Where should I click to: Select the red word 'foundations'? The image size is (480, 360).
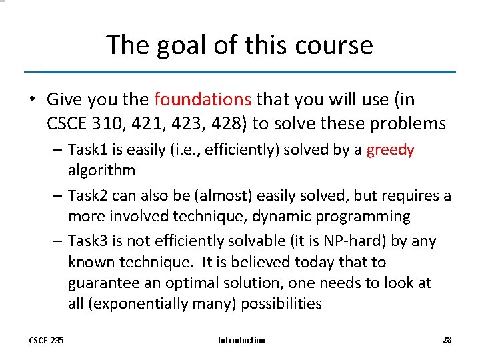click(x=203, y=100)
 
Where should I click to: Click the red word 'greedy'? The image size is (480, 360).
click(x=390, y=150)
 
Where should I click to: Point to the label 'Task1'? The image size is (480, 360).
click(x=88, y=150)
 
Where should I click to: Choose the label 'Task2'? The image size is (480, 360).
click(x=88, y=196)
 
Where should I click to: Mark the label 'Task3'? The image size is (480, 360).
click(x=88, y=241)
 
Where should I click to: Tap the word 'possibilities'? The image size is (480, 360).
click(x=281, y=304)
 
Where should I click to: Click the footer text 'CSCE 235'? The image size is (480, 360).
click(x=46, y=341)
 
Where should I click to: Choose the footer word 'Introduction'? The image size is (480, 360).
click(x=241, y=341)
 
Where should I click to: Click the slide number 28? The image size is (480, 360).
click(x=447, y=340)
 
